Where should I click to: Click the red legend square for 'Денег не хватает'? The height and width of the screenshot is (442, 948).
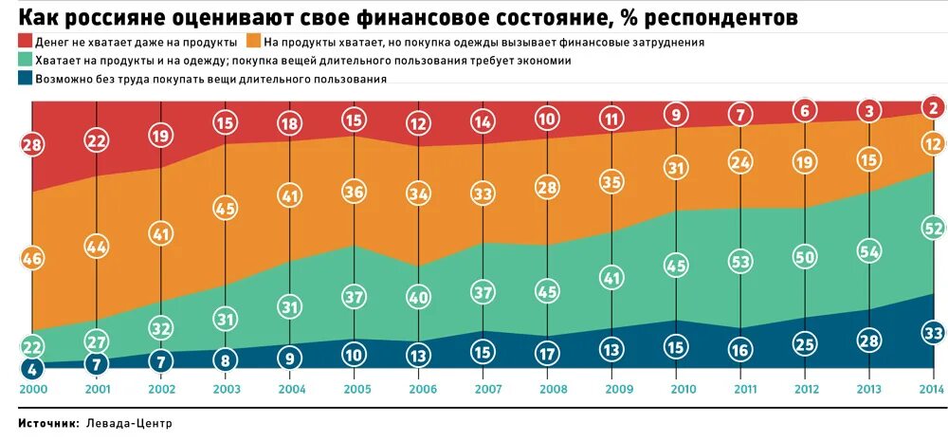click(x=24, y=43)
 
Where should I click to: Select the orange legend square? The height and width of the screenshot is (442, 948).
click(x=253, y=43)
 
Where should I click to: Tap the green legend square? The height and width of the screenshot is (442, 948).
click(x=24, y=61)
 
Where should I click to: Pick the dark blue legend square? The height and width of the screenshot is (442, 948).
click(x=24, y=79)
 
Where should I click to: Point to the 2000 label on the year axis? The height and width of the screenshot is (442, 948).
click(x=32, y=389)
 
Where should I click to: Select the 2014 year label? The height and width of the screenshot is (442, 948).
click(x=933, y=389)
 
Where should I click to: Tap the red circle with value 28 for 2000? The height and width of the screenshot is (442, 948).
click(x=32, y=144)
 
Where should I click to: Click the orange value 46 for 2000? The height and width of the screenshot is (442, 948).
click(x=32, y=258)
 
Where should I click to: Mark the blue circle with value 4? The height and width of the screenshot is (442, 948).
click(x=32, y=369)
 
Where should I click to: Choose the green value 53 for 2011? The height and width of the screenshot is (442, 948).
click(x=741, y=261)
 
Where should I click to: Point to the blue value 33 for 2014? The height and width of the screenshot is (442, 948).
click(x=933, y=332)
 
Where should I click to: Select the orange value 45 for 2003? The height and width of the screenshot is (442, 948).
click(x=226, y=208)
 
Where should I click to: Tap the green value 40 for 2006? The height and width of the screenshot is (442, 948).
click(x=418, y=297)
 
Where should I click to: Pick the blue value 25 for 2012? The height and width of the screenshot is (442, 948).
click(x=805, y=341)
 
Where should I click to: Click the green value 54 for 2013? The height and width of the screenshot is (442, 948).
click(x=869, y=251)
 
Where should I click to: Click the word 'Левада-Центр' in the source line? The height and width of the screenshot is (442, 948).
click(x=130, y=423)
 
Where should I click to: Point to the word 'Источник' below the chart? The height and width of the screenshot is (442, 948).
click(x=47, y=423)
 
